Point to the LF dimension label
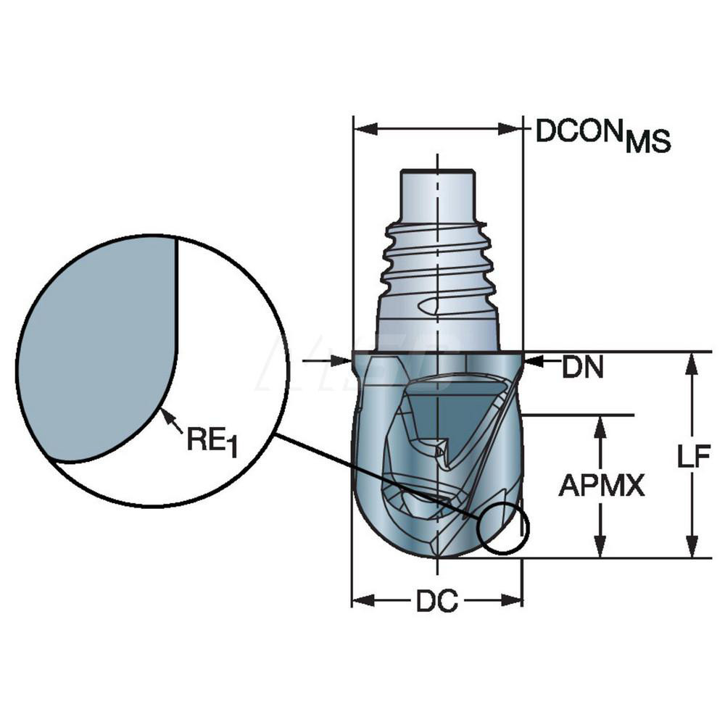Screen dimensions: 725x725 point(694,457)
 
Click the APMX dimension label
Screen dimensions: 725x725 point(601,486)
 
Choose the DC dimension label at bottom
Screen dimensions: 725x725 point(436,602)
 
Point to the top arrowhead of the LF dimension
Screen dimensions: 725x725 point(693,362)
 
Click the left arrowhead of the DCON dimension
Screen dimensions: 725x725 point(363,129)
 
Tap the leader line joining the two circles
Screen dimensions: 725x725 point(377,475)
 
